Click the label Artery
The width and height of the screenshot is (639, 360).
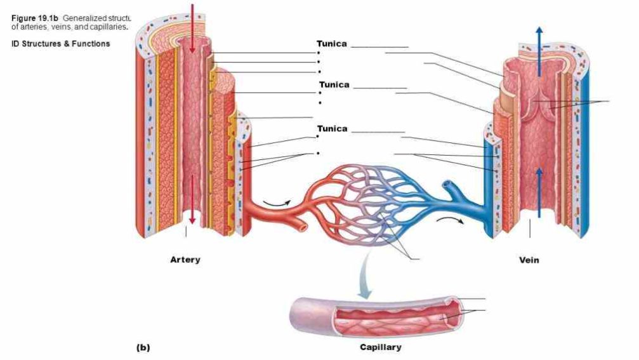tap(185, 260)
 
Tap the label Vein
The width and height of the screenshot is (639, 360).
tap(529, 260)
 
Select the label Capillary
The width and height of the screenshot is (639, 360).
tap(380, 347)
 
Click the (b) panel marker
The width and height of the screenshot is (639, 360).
tap(143, 348)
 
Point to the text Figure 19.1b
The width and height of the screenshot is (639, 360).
tap(35, 18)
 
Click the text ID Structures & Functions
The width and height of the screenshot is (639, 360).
tap(61, 44)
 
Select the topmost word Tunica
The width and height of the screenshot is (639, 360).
tap(332, 44)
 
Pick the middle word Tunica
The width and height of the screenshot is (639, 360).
tap(334, 85)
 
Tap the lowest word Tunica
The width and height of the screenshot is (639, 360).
tap(332, 129)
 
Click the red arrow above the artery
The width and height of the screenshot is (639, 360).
tap(192, 28)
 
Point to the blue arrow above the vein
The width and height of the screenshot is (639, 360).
tap(539, 51)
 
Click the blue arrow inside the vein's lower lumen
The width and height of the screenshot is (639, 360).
tap(539, 192)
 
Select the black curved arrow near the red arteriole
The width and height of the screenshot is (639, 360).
tap(277, 201)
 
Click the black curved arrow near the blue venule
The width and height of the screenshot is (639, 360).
tap(450, 219)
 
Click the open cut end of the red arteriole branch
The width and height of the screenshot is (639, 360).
tap(303, 227)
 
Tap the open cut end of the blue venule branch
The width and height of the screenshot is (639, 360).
tap(447, 184)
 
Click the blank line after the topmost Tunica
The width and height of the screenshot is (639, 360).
tap(379, 47)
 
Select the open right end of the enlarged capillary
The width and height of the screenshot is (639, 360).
tap(453, 312)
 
